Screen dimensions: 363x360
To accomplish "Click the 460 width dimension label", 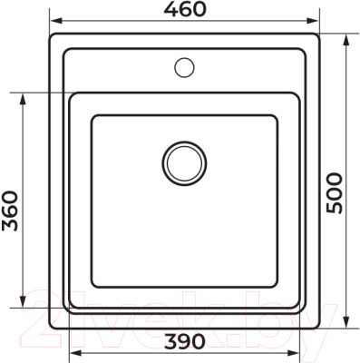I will coord(185,10).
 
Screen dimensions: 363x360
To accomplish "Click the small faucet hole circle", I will coord(185,66).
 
